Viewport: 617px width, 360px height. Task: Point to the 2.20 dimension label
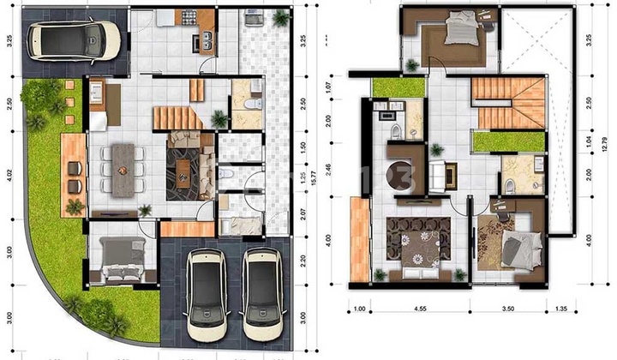[304, 255]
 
